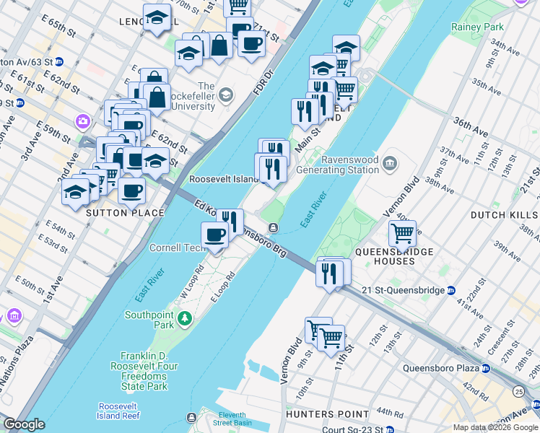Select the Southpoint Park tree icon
186,318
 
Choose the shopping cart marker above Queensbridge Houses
402,233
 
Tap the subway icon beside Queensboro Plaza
485,367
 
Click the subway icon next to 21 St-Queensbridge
450,290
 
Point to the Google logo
24,424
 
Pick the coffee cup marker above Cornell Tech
214,234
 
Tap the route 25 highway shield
519,391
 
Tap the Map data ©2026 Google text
495,427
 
